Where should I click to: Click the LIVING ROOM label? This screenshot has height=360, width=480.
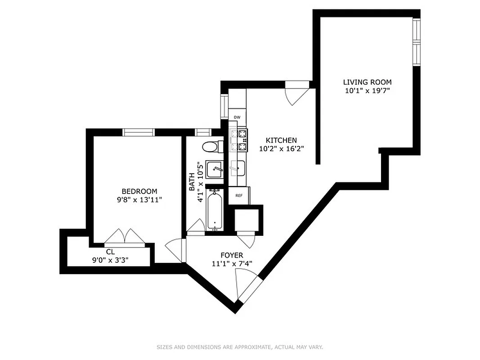pyautogui.click(x=367, y=82)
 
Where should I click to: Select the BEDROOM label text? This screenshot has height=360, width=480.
pyautogui.click(x=139, y=191)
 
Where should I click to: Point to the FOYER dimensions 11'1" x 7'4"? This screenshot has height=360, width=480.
pyautogui.click(x=232, y=264)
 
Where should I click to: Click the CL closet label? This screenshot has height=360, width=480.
pyautogui.click(x=110, y=252)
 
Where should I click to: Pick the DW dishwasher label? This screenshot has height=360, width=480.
pyautogui.click(x=237, y=117)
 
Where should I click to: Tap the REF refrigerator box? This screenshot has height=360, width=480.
pyautogui.click(x=239, y=196)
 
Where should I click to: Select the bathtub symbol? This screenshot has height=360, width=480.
pyautogui.click(x=215, y=210)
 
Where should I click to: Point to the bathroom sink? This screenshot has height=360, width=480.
pyautogui.click(x=214, y=169)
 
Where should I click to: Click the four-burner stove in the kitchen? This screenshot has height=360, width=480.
pyautogui.click(x=238, y=139)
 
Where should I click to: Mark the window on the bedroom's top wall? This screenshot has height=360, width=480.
pyautogui.click(x=139, y=132)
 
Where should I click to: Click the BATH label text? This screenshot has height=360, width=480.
pyautogui.click(x=192, y=182)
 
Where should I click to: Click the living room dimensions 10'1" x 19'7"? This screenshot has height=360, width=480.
pyautogui.click(x=367, y=90)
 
